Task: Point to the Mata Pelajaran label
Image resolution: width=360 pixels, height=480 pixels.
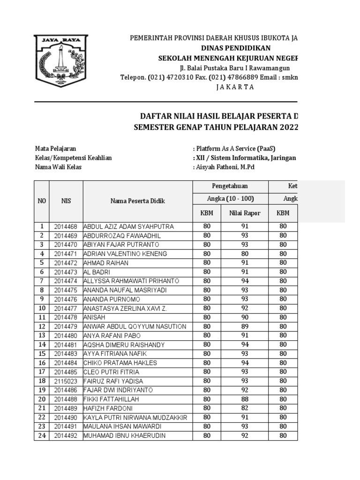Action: point(56,148)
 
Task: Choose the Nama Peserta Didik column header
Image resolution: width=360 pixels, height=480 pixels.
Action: point(137,201)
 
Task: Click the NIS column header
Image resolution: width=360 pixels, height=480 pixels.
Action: point(66,201)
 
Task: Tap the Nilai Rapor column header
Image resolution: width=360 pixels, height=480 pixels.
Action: point(244,213)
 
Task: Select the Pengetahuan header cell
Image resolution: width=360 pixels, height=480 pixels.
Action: point(230,186)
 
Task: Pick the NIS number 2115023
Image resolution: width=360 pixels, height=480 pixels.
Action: point(66,381)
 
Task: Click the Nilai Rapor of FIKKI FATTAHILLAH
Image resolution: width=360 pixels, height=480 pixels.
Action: point(244,399)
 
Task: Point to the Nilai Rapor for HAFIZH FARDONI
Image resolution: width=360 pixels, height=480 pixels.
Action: point(244,408)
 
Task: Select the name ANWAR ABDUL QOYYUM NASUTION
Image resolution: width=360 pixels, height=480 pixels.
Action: point(135,326)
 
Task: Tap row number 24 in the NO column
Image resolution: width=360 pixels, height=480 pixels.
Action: point(41,435)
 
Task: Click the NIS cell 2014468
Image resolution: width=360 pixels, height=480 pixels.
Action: point(66,226)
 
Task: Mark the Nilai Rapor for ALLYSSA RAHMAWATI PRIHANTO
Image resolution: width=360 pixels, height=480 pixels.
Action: point(244,281)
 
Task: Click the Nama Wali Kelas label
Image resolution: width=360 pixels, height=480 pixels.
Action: point(58,167)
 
